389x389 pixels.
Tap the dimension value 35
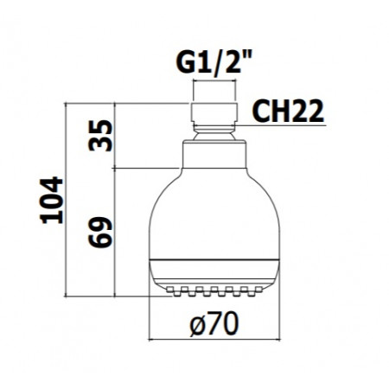(x=101, y=137)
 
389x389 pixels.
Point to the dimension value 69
(x=101, y=233)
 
